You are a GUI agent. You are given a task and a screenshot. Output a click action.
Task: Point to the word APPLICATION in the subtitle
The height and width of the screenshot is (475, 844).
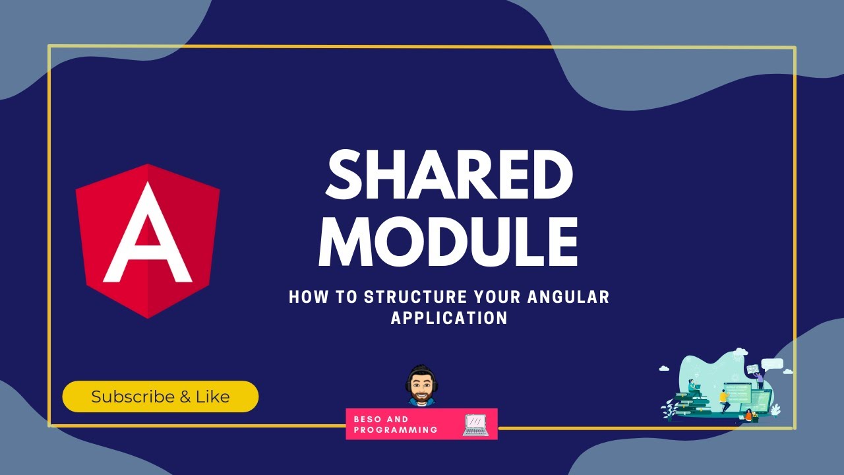(x=449, y=318)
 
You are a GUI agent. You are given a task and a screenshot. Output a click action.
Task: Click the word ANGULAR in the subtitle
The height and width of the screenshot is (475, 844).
(x=568, y=298)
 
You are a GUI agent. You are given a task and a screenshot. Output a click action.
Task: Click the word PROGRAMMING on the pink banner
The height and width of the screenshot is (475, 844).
(x=396, y=429)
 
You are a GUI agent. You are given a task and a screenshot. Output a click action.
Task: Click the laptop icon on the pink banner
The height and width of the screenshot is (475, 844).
(x=476, y=424)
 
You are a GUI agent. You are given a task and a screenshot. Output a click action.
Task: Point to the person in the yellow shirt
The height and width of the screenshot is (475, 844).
(x=723, y=398)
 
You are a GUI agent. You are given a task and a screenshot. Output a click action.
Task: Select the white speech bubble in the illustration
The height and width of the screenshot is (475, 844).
(x=771, y=364)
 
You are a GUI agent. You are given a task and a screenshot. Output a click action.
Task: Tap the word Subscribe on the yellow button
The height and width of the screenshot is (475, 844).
(x=132, y=397)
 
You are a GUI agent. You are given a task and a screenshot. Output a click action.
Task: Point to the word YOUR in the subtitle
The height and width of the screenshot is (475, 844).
(x=501, y=298)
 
